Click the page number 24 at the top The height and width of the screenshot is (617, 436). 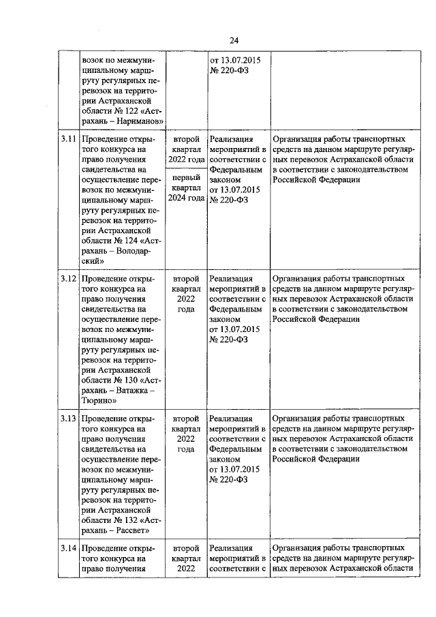(x=233, y=40)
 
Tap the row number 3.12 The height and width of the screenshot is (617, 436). (x=67, y=279)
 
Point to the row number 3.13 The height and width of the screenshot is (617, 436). (x=67, y=418)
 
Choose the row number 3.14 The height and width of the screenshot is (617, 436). (x=67, y=547)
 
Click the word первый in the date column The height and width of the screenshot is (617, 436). (x=186, y=175)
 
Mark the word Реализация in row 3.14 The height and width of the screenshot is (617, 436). (x=231, y=547)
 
